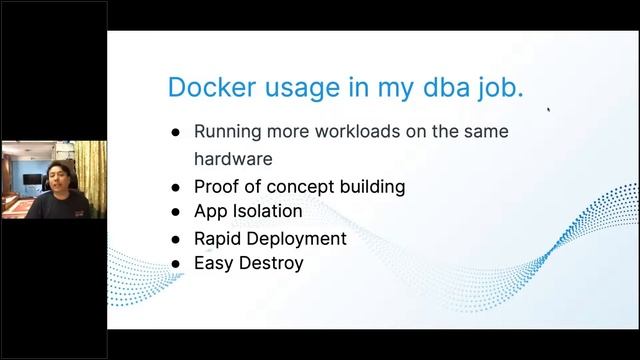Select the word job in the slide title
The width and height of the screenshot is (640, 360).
click(x=501, y=87)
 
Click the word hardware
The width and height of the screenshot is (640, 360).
click(x=232, y=158)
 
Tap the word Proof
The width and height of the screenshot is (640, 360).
click(x=217, y=186)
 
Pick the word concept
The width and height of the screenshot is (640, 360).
click(x=304, y=186)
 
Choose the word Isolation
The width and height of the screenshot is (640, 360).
click(x=265, y=211)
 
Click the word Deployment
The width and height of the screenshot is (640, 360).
click(x=298, y=238)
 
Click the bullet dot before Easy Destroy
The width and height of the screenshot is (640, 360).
click(x=175, y=264)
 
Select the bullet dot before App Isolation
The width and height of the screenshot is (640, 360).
click(x=175, y=212)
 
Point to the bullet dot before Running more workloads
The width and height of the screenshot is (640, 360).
click(x=175, y=132)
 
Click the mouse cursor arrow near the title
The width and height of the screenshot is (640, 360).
click(x=548, y=111)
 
